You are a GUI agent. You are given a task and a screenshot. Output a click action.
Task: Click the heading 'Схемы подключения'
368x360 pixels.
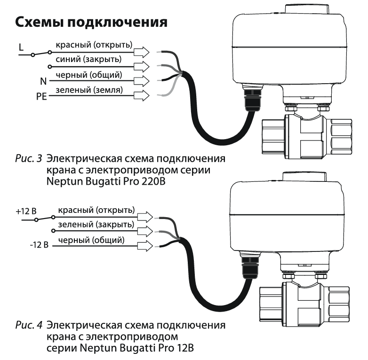pyautogui.click(x=91, y=23)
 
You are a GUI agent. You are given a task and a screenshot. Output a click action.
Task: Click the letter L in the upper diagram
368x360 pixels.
pyautogui.click(x=21, y=47)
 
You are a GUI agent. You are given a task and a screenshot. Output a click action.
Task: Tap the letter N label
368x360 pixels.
pyautogui.click(x=43, y=81)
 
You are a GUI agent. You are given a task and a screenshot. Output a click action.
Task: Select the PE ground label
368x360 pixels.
pyautogui.click(x=41, y=96)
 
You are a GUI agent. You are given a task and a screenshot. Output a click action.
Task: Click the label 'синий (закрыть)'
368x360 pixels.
pyautogui.click(x=88, y=60)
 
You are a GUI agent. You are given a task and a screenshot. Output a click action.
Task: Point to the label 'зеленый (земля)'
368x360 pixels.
pyautogui.click(x=89, y=90)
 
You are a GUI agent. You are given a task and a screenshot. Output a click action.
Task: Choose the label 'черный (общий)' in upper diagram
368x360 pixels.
pyautogui.click(x=89, y=75)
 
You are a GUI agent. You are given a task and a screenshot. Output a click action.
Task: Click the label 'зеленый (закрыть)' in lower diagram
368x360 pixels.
pyautogui.click(x=96, y=225)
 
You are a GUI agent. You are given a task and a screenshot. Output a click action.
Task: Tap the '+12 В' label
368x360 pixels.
pyautogui.click(x=26, y=211)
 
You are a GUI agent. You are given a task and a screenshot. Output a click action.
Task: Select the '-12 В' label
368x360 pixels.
pyautogui.click(x=39, y=245)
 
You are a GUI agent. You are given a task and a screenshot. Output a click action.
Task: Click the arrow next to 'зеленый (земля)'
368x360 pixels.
pyautogui.click(x=142, y=95)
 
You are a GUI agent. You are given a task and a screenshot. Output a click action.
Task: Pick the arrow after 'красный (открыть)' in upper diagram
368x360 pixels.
pyautogui.click(x=142, y=52)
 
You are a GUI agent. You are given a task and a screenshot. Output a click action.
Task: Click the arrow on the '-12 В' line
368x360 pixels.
pyautogui.click(x=145, y=246)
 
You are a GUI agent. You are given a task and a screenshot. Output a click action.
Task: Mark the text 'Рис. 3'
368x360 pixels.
pyautogui.click(x=29, y=159)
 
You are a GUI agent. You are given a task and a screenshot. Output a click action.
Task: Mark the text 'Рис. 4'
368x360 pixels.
pyautogui.click(x=29, y=325)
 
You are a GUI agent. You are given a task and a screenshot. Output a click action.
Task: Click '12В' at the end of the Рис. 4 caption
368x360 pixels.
pyautogui.click(x=184, y=348)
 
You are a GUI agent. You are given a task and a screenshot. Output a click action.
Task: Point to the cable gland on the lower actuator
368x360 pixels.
pyautogui.click(x=250, y=267)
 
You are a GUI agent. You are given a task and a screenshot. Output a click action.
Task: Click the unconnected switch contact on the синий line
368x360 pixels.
pyautogui.click(x=50, y=67)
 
